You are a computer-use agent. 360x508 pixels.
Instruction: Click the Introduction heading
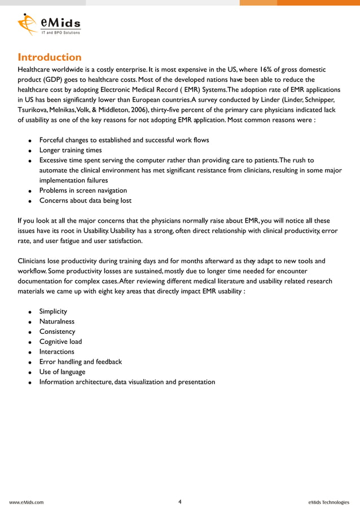(x=50, y=57)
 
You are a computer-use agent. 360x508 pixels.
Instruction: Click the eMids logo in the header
(x=49, y=24)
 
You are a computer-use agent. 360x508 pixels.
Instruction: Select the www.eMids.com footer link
(x=27, y=502)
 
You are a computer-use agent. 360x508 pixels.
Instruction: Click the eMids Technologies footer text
(x=329, y=502)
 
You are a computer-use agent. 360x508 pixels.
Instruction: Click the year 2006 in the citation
(x=141, y=110)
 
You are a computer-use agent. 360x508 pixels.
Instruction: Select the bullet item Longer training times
(x=71, y=150)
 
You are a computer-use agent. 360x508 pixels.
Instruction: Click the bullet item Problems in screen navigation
(x=83, y=191)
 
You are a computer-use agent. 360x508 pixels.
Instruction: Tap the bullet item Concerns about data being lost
(x=85, y=201)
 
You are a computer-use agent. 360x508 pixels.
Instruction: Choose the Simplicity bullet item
(x=53, y=311)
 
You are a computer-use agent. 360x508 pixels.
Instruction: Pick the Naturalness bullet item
(x=56, y=321)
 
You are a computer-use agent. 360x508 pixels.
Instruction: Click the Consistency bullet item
(x=57, y=332)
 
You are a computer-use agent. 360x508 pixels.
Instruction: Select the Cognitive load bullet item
(x=60, y=342)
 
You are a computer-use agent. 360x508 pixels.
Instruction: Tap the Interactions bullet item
(x=56, y=352)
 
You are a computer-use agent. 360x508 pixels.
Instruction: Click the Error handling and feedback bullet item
(x=80, y=362)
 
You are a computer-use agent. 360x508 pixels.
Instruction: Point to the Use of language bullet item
(x=62, y=372)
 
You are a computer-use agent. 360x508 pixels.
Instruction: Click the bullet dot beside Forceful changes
(x=29, y=140)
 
